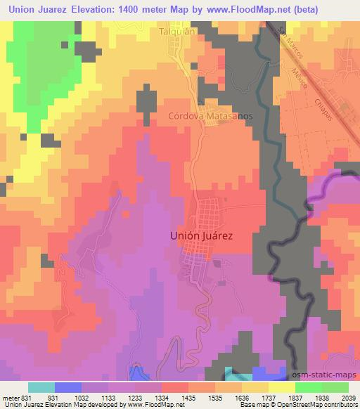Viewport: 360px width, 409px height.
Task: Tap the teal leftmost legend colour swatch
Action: (x=41, y=387)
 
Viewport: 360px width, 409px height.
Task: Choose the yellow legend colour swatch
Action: (x=282, y=387)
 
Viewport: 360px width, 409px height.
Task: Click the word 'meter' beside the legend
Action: (x=9, y=396)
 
